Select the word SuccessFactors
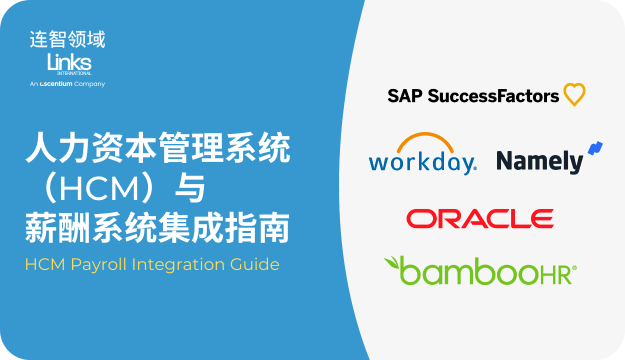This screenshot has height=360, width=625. click(493, 95)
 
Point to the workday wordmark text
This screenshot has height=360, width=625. click(422, 163)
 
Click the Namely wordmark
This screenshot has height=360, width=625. click(539, 161)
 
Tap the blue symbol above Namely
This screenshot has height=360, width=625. click(595, 148)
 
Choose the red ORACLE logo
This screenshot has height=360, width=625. click(480, 218)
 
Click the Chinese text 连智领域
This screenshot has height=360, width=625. click(67, 39)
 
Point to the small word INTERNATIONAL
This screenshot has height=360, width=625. click(74, 73)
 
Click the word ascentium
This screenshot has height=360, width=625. click(56, 83)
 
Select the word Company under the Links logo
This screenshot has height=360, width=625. click(89, 84)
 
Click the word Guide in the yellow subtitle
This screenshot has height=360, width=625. click(254, 264)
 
